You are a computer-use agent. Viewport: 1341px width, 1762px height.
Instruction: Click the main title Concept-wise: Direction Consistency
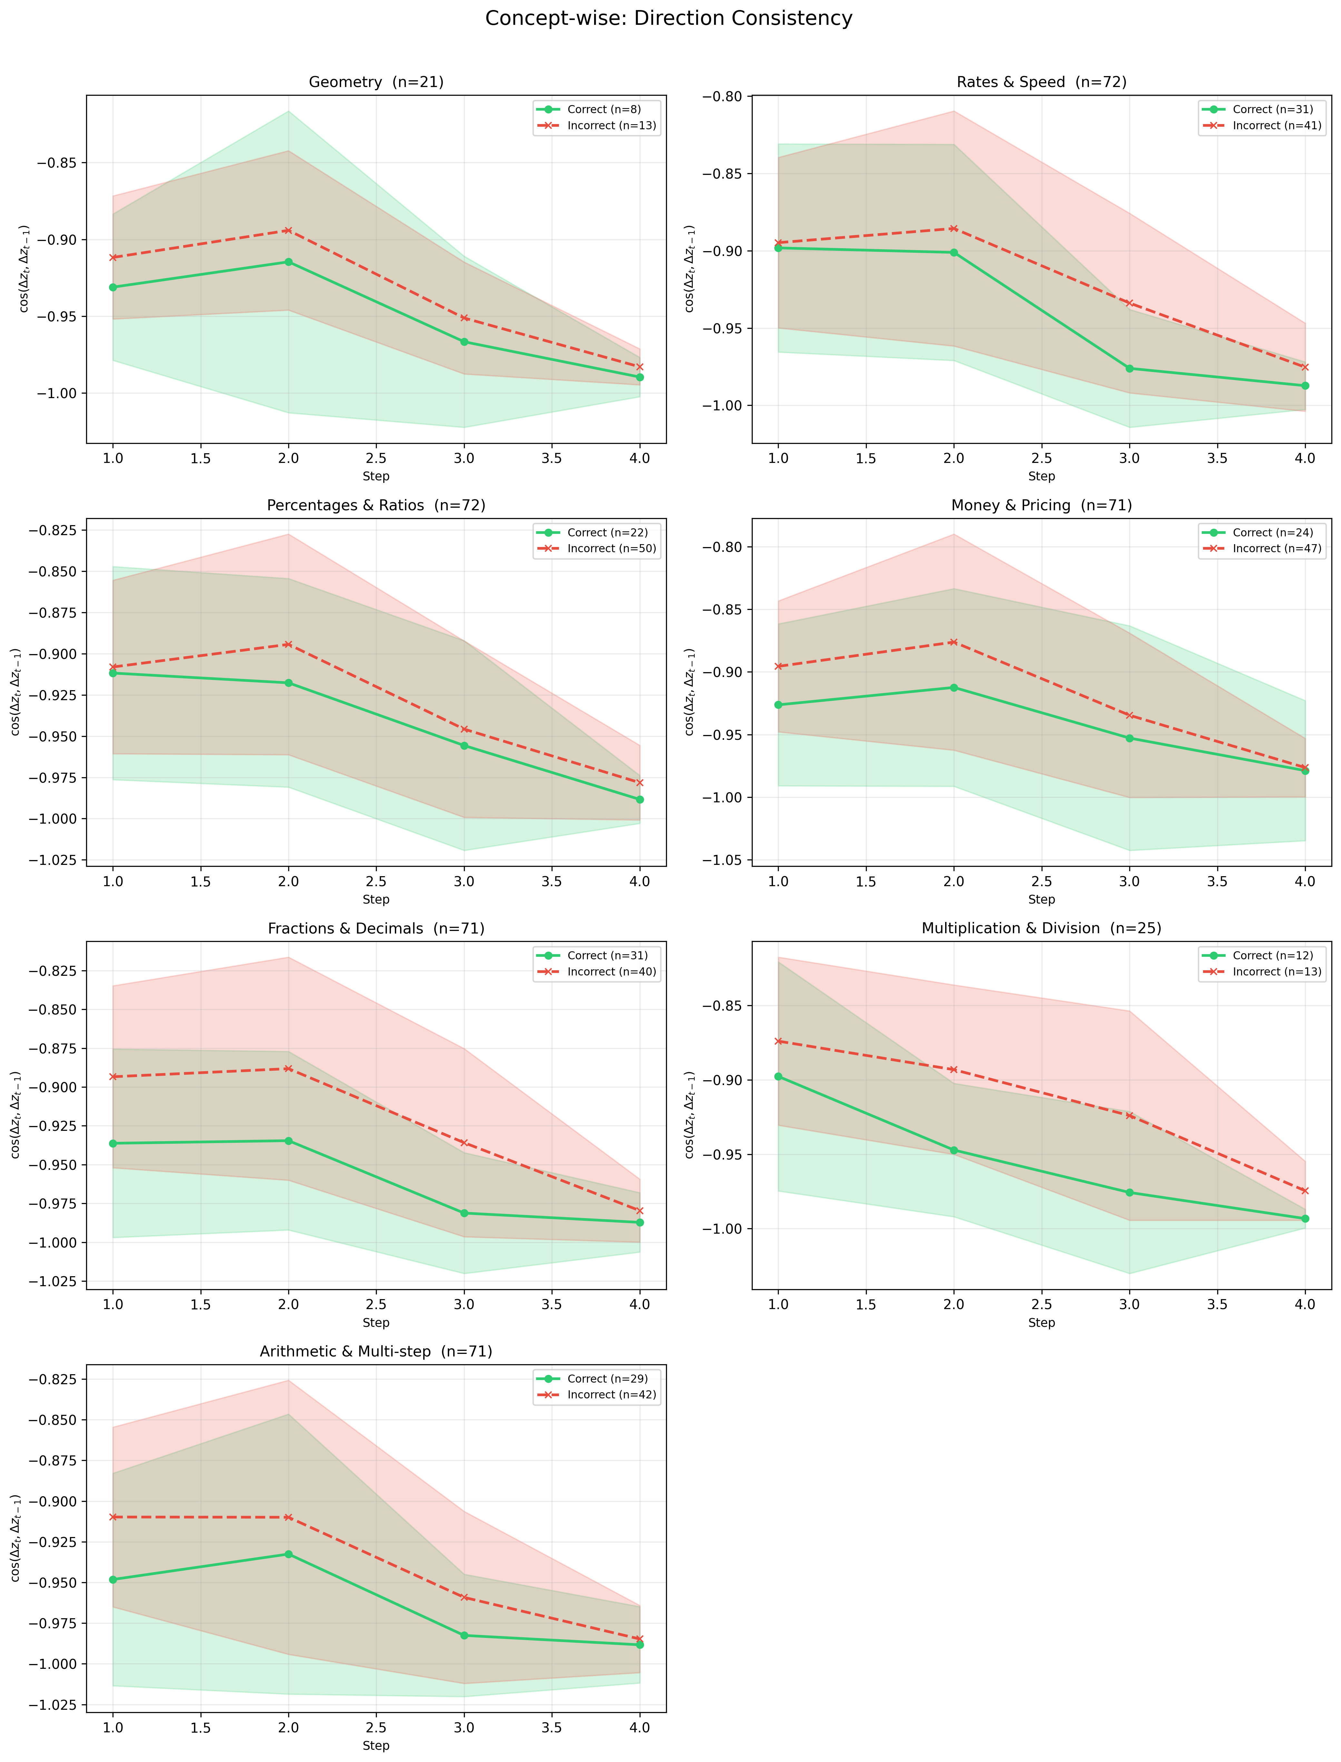point(669,18)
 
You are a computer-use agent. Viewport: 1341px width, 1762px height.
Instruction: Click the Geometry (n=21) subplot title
point(376,82)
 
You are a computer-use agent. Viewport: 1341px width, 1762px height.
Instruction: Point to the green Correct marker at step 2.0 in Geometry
point(288,262)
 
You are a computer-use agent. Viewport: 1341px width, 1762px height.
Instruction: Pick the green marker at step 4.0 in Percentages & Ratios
point(639,799)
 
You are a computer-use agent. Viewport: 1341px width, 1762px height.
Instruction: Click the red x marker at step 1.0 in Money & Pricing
point(778,666)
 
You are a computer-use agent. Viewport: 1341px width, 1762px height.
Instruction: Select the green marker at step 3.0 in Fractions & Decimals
point(464,1213)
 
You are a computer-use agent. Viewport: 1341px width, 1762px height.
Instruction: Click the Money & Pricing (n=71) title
point(1042,505)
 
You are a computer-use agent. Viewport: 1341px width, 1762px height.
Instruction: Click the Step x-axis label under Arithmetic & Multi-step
point(376,1745)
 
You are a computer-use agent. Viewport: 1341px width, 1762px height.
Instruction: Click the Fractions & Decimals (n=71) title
point(376,928)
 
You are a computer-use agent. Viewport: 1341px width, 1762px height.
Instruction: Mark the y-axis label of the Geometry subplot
point(25,269)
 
